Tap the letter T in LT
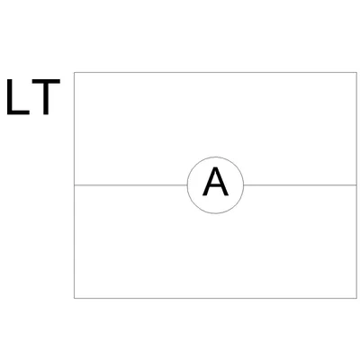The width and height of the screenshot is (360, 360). (x=46, y=97)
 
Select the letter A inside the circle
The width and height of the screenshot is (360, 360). (x=215, y=182)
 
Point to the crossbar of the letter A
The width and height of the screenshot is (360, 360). (x=215, y=186)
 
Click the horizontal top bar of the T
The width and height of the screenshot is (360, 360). (x=46, y=82)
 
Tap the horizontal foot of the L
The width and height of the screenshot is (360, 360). (x=18, y=112)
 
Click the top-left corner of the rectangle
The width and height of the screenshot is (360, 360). (x=74, y=72)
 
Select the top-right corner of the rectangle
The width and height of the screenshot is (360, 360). (x=356, y=72)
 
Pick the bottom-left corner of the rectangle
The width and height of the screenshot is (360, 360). (x=74, y=298)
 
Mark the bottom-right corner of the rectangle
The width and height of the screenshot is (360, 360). (x=356, y=298)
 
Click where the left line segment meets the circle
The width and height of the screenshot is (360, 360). (x=187, y=185)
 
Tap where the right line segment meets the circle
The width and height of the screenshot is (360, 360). (x=244, y=185)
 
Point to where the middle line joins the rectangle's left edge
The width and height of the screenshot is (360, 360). (x=74, y=185)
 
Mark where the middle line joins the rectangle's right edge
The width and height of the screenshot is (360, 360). (x=356, y=185)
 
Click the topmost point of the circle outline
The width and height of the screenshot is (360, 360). (x=215, y=157)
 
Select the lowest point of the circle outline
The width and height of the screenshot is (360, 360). (x=215, y=213)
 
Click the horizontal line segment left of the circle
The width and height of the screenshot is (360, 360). (x=130, y=185)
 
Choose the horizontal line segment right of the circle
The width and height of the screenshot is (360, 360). (x=301, y=185)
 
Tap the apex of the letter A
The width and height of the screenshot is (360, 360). (x=215, y=168)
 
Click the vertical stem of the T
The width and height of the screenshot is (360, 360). (x=46, y=99)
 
